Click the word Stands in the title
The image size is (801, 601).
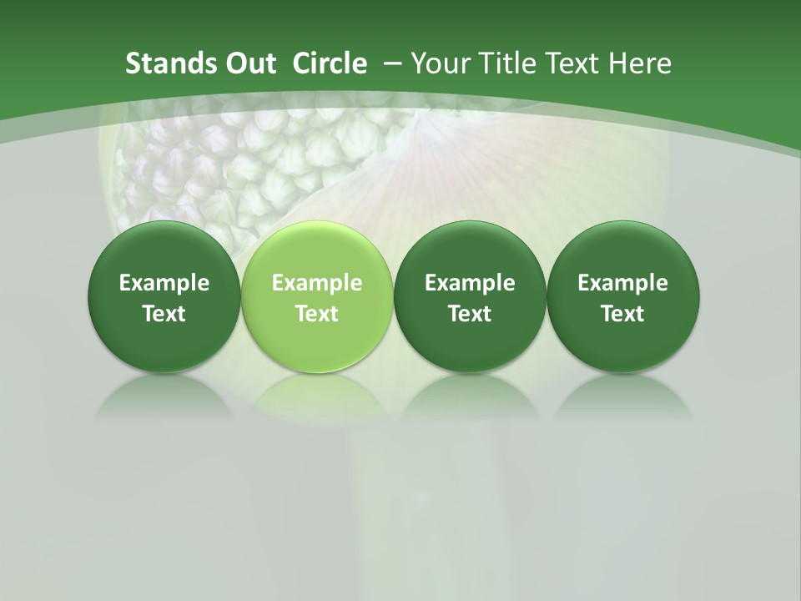[x=162, y=63]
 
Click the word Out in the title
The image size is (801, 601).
[x=243, y=63]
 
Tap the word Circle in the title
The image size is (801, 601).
[x=330, y=63]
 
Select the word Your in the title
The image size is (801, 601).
[x=437, y=63]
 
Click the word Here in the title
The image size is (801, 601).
[x=640, y=63]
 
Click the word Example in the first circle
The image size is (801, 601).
[x=164, y=283]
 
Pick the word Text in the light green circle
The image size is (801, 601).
[x=317, y=314]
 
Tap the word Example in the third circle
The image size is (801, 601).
[x=470, y=283]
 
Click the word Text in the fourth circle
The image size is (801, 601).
[x=622, y=314]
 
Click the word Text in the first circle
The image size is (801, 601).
[x=164, y=314]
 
